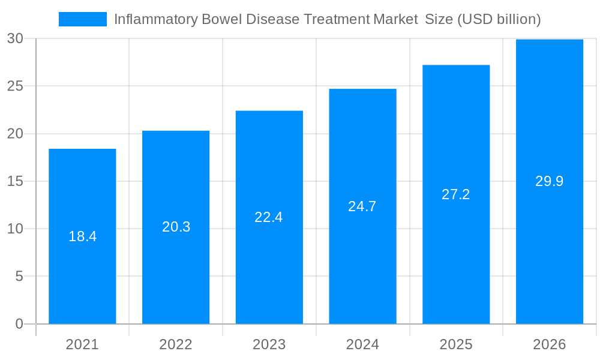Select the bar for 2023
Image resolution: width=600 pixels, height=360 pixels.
(x=269, y=270)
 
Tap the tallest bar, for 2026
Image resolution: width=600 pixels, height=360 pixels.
(x=549, y=252)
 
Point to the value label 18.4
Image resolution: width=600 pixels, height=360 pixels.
(x=82, y=236)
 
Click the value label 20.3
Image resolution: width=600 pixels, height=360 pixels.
(x=176, y=227)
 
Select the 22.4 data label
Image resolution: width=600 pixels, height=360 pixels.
(x=269, y=217)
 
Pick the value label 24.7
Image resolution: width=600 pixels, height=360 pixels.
(x=362, y=206)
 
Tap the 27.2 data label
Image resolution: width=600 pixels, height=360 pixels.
(x=456, y=194)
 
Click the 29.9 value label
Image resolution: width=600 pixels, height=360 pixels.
(x=549, y=181)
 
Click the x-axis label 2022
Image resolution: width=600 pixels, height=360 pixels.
(x=176, y=344)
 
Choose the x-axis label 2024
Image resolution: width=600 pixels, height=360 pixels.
(x=362, y=344)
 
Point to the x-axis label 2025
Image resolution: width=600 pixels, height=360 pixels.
(x=456, y=344)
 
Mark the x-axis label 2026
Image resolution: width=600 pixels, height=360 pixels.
(x=549, y=344)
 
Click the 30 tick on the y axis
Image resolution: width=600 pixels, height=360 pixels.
(x=15, y=39)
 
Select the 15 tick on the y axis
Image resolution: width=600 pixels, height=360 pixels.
(x=15, y=181)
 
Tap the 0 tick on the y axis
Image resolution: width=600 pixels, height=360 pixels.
(x=19, y=324)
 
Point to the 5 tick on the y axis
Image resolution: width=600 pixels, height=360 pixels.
(x=19, y=277)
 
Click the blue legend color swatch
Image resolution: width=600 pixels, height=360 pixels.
(x=82, y=19)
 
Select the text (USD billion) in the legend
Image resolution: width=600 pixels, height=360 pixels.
(x=499, y=19)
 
